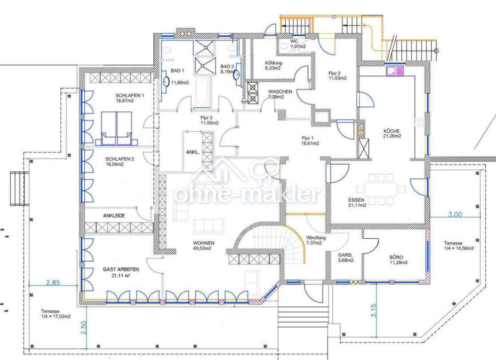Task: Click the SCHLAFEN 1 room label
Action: point(130,96)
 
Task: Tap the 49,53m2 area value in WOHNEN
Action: point(202,248)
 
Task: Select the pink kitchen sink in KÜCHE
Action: point(395,71)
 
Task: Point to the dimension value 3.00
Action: point(455,214)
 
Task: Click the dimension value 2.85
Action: point(53,282)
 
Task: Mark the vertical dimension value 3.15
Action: point(373,310)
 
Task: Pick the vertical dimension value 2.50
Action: point(84,328)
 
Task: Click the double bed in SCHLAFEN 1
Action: point(116,128)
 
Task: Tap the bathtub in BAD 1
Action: point(201,93)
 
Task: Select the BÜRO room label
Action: point(396,257)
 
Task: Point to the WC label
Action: point(294,41)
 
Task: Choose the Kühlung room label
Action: point(273,63)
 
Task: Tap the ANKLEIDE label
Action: point(114,216)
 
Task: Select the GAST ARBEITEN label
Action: point(121,269)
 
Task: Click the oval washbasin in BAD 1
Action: point(166,82)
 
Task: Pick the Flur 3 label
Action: point(206,118)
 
